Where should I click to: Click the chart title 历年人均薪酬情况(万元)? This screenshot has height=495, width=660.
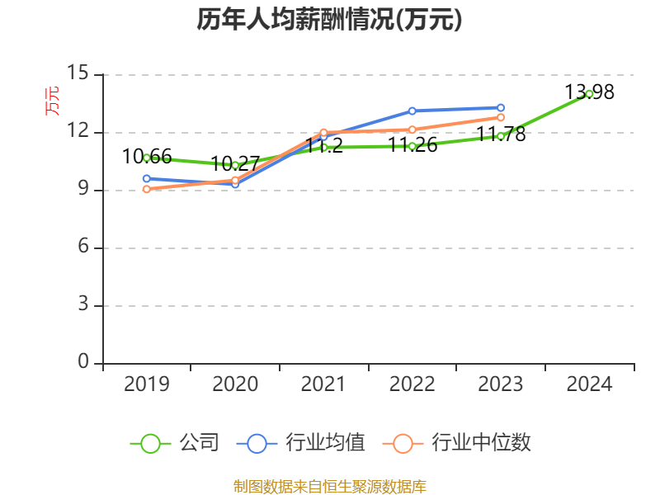pos(329,20)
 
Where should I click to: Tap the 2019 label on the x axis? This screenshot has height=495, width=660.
pos(147,384)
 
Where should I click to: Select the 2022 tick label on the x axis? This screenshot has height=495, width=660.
pos(412,384)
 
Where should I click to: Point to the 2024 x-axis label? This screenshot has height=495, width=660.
pos(590,384)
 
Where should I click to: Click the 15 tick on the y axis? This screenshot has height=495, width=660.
pos(78,73)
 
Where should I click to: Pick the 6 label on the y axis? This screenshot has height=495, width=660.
pos(83,247)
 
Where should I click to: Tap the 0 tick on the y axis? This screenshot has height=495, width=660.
pos(83,362)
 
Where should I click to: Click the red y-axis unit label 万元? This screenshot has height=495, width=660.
pos(52,101)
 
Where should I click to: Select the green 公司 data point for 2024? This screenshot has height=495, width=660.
pos(589,93)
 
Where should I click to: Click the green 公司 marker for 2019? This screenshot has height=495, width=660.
pos(147,158)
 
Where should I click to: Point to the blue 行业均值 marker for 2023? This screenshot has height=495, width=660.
pos(501,107)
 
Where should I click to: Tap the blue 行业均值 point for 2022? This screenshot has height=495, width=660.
pos(412,111)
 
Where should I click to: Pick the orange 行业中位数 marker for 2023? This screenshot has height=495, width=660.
pos(501,117)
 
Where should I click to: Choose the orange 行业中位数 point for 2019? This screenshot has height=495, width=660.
pos(147,189)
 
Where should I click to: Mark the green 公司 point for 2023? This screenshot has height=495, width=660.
pos(501,136)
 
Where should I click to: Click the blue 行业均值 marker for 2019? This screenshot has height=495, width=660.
pos(147,178)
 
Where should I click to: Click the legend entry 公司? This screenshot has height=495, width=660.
pos(176,443)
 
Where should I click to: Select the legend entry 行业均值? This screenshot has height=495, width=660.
pos(301,443)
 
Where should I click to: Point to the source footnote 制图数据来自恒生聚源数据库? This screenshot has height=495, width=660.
pos(329,486)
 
